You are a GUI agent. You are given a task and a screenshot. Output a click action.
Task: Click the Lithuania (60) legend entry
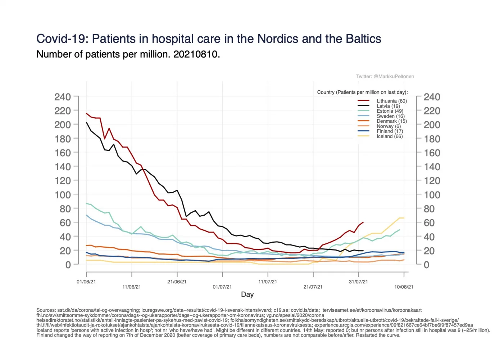click(391, 101)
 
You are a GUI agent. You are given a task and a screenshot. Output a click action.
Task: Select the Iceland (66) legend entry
click(390, 136)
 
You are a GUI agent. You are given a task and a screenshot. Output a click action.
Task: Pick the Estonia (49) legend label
click(390, 111)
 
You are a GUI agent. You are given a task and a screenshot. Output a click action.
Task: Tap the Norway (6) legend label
click(389, 126)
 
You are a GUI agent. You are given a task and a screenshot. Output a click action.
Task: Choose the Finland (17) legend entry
click(390, 131)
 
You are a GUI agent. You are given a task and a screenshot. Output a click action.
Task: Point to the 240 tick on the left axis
click(62, 97)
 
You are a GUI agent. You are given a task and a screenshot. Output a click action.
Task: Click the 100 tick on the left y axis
click(62, 195)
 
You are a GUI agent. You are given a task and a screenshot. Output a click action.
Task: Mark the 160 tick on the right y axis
click(432, 153)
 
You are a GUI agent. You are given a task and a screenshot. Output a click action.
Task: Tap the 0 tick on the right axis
click(427, 265)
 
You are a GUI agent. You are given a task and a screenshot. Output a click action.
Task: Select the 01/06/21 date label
click(86, 282)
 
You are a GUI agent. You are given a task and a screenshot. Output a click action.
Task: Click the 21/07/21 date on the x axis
click(313, 287)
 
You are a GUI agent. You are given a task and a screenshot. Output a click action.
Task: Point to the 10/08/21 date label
click(404, 287)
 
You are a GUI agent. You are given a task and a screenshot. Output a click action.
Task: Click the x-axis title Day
click(247, 294)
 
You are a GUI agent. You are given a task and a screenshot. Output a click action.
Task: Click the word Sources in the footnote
click(46, 310)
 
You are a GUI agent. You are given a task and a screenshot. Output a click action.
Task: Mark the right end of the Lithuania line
click(363, 222)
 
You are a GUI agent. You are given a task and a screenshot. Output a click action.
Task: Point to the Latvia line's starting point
click(87, 122)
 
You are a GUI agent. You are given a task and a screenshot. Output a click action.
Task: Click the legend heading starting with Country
click(362, 92)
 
